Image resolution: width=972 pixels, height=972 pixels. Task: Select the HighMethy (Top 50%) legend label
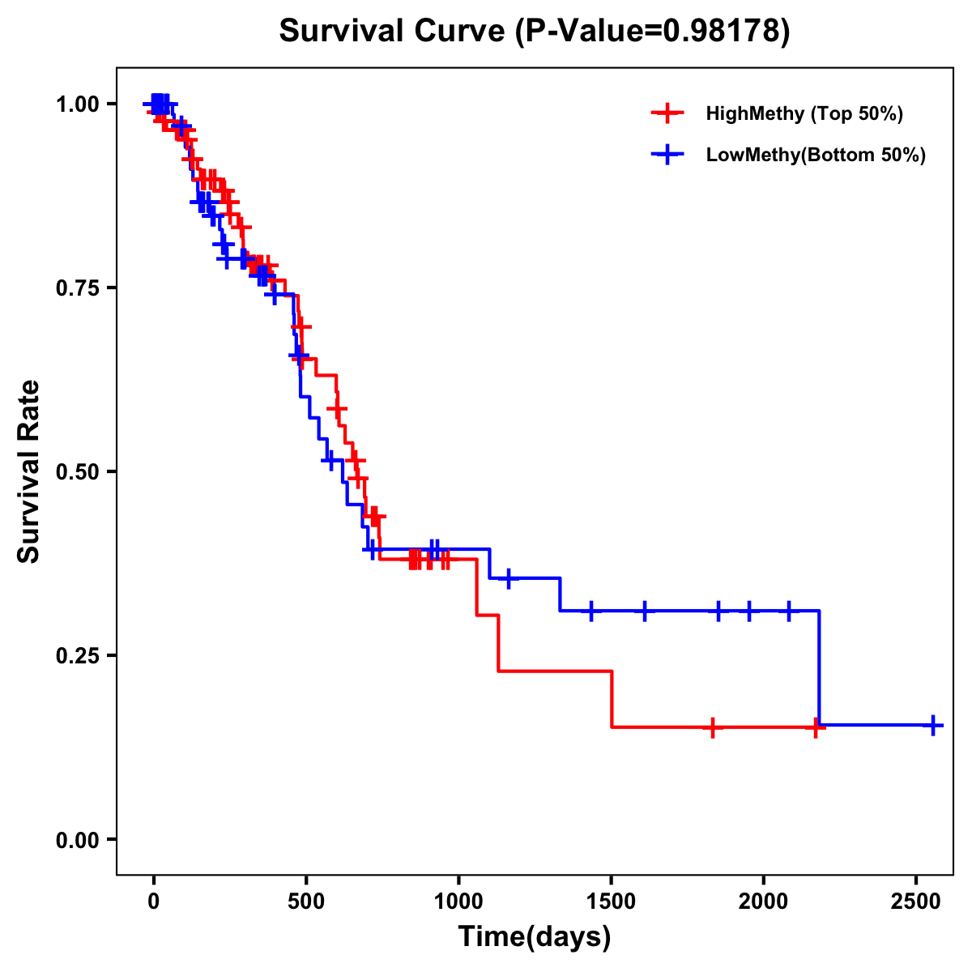[804, 113]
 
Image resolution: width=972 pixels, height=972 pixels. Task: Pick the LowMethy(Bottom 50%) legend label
[815, 155]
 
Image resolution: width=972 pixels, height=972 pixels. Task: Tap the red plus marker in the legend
[667, 113]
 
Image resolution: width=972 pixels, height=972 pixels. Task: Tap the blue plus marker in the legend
[667, 155]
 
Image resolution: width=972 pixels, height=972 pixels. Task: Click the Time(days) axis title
[535, 937]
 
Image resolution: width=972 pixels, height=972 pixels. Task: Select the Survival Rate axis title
[30, 471]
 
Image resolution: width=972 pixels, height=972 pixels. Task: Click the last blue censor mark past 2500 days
[933, 725]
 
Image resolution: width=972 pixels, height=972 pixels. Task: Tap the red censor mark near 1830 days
[712, 727]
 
